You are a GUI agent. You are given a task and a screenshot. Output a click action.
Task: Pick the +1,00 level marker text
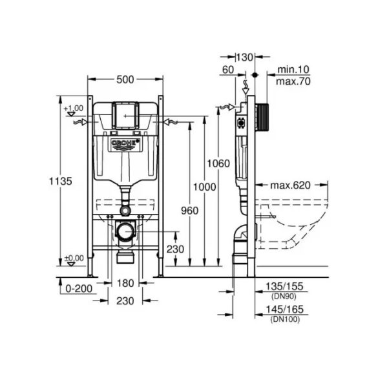click(76, 107)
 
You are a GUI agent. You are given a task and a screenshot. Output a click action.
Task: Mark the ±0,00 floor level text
click(75, 258)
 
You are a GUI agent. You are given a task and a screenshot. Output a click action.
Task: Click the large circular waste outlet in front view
click(126, 229)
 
